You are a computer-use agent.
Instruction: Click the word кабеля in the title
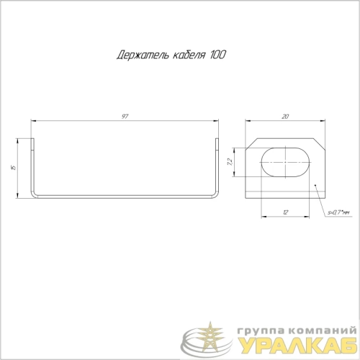point(189,55)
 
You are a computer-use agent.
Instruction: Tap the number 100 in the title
point(218,55)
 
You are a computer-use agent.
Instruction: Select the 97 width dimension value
point(125,117)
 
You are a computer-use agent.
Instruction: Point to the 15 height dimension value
point(14,168)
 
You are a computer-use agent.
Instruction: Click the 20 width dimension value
point(285,117)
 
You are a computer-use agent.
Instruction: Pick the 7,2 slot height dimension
point(230,162)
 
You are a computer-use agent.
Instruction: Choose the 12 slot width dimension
point(285,212)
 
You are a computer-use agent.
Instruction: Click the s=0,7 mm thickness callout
point(338,212)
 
